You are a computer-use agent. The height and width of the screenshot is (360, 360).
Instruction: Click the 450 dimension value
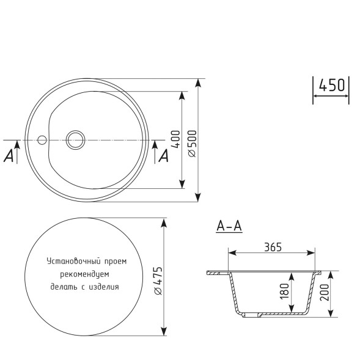pos(332,86)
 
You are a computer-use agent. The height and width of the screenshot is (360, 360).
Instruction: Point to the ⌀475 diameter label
pos(158,282)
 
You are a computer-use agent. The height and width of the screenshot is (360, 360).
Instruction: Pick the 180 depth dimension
pos(284,290)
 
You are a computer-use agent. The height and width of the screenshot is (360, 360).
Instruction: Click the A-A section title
pos(229,227)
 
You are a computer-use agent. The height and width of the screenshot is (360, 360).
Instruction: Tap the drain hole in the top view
pos(76,140)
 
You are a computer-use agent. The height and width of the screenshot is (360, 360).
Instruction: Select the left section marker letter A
pos(9,156)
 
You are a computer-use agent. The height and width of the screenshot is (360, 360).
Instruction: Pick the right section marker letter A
pos(163,156)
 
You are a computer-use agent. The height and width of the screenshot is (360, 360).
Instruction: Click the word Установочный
pos(70,261)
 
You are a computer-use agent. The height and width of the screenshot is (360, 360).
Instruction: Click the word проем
pos(114,261)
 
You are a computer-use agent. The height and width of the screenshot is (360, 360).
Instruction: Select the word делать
pos(64,285)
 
